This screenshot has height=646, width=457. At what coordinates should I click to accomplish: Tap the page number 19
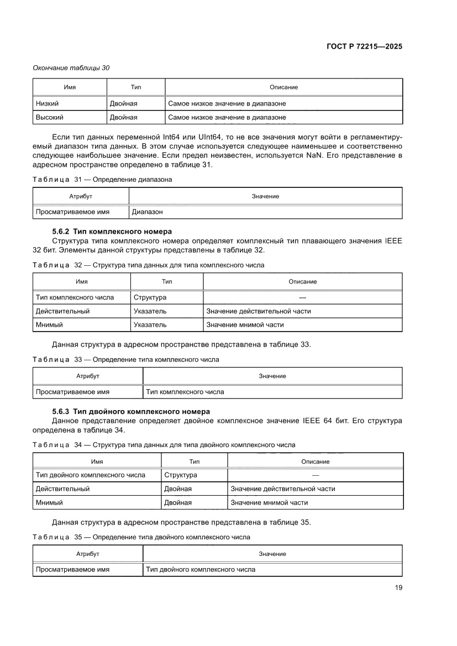click(x=398, y=587)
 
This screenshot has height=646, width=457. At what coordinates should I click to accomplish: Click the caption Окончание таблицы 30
click(x=71, y=68)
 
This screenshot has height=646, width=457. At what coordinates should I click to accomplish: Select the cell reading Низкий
click(x=48, y=103)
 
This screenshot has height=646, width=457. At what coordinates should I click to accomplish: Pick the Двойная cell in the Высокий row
click(x=124, y=117)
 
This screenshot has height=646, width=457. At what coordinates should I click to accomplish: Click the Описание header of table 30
click(x=283, y=87)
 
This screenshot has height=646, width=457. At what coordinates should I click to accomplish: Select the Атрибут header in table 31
click(x=81, y=196)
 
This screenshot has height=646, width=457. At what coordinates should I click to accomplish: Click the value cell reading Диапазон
click(x=147, y=212)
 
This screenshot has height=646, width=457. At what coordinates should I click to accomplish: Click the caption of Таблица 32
click(x=149, y=265)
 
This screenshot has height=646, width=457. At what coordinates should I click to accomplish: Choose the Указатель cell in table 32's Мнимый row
click(x=150, y=325)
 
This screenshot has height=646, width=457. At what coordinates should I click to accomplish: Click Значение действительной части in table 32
click(x=259, y=311)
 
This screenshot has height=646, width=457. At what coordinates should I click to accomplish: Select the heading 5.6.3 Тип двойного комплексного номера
click(x=130, y=411)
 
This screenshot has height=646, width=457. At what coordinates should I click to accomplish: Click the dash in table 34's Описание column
click(x=315, y=475)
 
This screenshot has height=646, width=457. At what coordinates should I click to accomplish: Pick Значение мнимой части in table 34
click(x=269, y=502)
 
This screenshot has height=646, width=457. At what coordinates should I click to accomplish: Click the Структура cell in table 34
click(x=181, y=475)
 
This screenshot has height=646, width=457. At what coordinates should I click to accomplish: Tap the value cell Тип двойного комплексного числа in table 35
click(x=201, y=569)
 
